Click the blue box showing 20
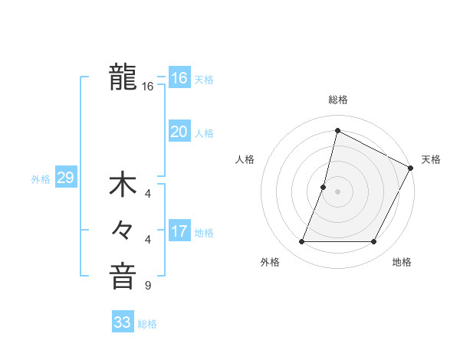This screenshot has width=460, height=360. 179,132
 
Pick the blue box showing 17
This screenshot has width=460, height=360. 179,231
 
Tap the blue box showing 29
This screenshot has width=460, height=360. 65,178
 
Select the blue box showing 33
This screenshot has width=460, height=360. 123,322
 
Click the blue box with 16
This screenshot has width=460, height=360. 179,78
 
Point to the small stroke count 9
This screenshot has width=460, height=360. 147,286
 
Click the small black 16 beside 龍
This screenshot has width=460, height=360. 148,87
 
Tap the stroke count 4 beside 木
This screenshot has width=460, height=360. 147,194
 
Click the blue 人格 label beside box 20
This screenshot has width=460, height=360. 204,133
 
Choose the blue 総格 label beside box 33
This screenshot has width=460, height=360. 147,324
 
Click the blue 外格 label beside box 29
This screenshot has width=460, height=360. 41,179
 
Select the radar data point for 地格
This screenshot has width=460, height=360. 374,242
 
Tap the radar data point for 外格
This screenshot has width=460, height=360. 301,242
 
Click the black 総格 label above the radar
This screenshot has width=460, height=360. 338,100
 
